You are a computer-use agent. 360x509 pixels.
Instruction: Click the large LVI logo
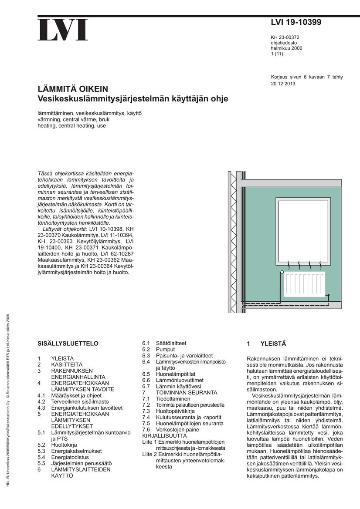click(63, 30)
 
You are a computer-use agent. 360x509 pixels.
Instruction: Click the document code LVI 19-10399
click(296, 23)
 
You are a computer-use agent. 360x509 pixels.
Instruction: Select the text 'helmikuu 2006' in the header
click(286, 48)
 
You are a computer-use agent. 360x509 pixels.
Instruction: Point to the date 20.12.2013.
click(283, 83)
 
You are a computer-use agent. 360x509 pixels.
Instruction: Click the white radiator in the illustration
click(304, 284)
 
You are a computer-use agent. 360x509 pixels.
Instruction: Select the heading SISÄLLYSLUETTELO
click(68, 343)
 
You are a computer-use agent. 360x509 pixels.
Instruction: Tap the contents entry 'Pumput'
click(165, 349)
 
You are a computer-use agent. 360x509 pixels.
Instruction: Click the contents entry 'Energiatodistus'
click(70, 457)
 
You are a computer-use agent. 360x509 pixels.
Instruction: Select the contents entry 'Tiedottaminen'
click(173, 398)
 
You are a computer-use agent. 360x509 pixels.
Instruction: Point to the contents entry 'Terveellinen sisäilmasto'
click(80, 401)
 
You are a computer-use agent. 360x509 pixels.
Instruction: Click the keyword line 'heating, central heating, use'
click(71, 125)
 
